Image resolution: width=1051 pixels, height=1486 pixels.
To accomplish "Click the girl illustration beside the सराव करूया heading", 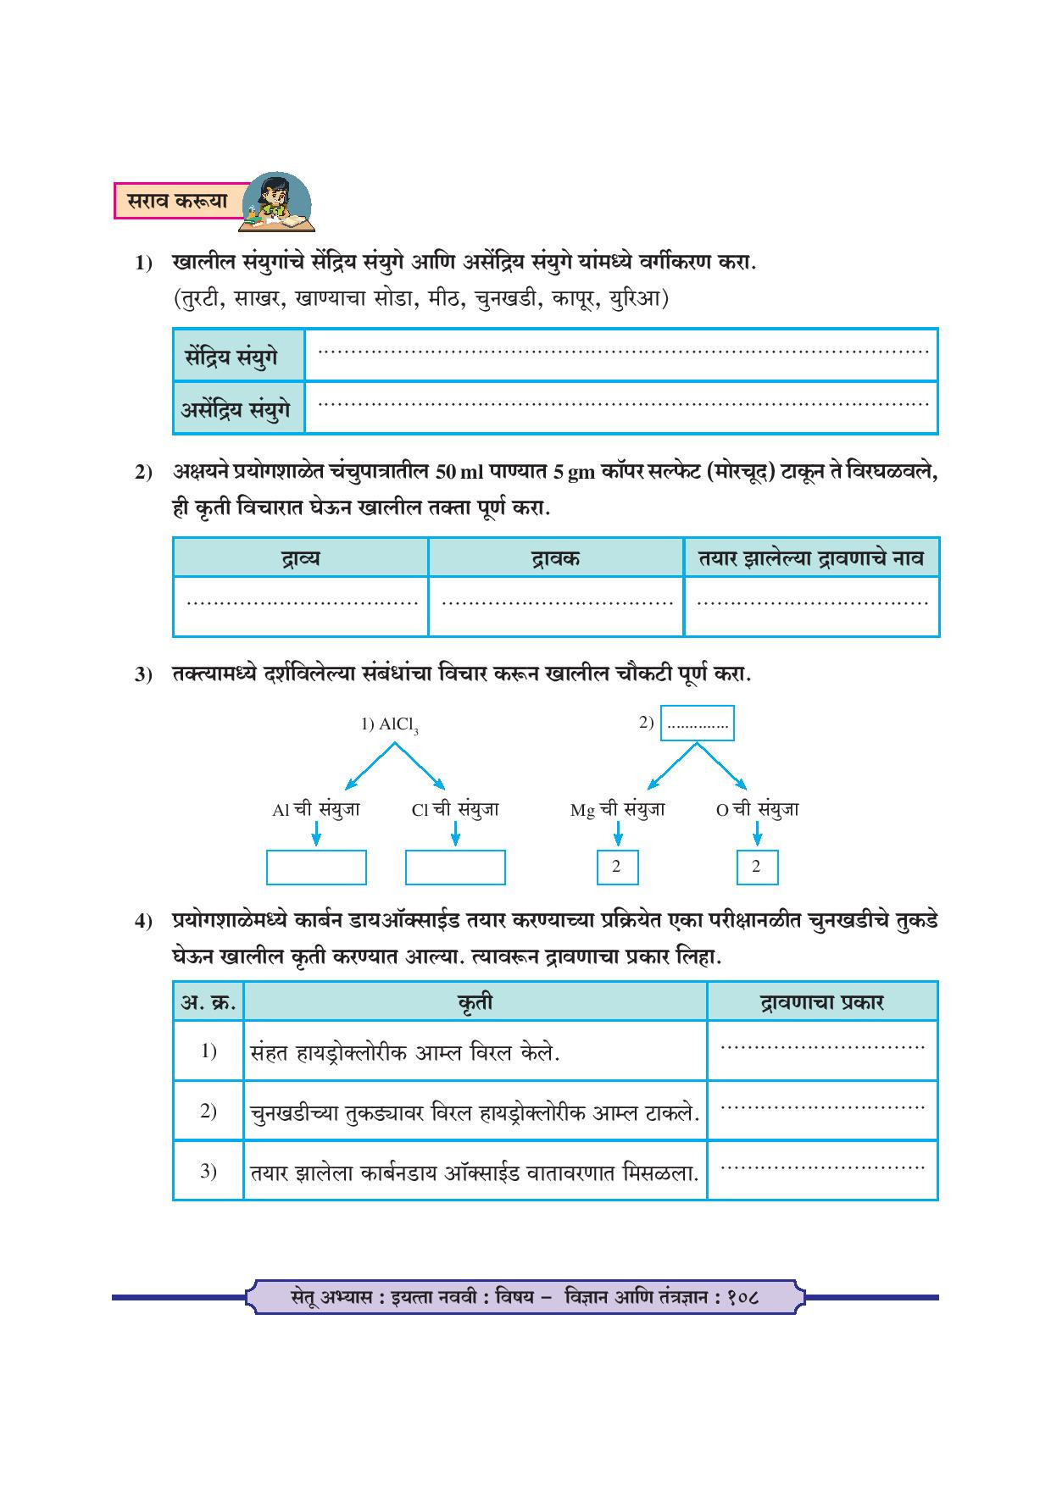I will click(x=276, y=203).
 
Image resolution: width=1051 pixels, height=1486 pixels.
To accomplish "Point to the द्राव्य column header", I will click(x=300, y=558).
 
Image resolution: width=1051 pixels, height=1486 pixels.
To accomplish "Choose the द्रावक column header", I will click(x=556, y=558).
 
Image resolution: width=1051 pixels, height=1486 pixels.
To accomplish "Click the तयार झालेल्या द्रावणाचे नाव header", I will click(x=811, y=558).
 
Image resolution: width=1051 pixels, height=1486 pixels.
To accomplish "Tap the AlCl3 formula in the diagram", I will click(x=390, y=725).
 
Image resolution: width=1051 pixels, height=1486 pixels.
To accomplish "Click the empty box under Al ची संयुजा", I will click(x=316, y=868).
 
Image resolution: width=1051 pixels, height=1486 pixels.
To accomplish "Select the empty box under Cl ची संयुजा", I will click(x=455, y=868).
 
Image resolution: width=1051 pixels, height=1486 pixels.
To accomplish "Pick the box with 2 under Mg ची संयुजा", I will click(x=617, y=867).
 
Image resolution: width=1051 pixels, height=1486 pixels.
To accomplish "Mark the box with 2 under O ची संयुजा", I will click(x=757, y=867).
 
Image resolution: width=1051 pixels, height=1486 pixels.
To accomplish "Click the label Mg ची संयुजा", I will click(x=617, y=810).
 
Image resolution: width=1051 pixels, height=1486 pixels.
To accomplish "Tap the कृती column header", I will click(x=475, y=1002).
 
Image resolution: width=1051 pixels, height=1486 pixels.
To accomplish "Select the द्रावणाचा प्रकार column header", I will click(x=821, y=1002).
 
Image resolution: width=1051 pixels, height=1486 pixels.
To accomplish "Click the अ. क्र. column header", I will click(x=209, y=1002).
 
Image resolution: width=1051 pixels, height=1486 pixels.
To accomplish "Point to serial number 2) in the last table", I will click(x=209, y=1111).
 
